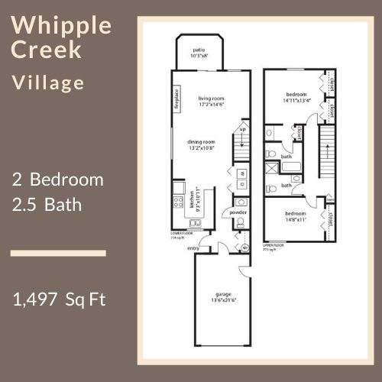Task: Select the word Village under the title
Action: click(x=48, y=83)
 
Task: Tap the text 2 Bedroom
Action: click(x=58, y=180)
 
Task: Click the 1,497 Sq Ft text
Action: click(x=59, y=298)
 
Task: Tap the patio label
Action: click(x=198, y=52)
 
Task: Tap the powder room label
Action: click(x=238, y=212)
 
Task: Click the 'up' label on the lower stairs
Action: click(x=243, y=129)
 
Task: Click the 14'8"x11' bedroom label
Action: click(x=295, y=216)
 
